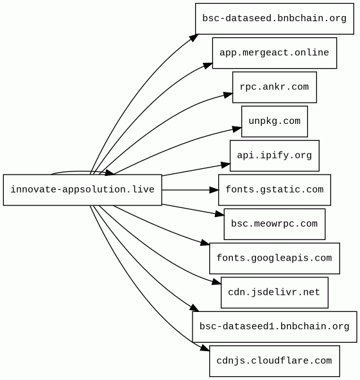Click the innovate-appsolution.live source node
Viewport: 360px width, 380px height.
(82, 190)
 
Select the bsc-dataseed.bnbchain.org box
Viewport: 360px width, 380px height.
(275, 19)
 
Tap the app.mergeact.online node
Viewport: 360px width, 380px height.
(275, 53)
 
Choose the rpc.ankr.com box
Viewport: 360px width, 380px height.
(275, 87)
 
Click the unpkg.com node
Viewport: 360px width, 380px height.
(275, 121)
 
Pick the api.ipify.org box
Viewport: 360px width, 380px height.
(275, 155)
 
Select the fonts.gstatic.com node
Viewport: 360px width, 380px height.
(275, 190)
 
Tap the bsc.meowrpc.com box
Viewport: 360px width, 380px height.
(275, 224)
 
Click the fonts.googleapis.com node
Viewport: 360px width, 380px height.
(275, 258)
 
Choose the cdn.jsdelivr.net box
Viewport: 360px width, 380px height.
(275, 293)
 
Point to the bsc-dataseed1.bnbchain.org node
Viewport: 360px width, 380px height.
(275, 327)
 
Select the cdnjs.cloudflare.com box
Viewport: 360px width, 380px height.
(275, 361)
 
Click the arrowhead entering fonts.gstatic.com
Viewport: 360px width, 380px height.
(214, 190)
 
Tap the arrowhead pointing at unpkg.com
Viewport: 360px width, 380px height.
(237, 129)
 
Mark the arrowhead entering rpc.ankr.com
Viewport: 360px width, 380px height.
(228, 95)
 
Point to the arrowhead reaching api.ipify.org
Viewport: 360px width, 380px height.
(225, 165)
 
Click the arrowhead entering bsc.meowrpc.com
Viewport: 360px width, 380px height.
(219, 214)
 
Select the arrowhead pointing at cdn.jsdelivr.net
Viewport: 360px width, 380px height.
(217, 282)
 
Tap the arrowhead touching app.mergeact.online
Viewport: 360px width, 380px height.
(208, 65)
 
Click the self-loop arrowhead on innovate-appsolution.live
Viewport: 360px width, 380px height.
(109, 173)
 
